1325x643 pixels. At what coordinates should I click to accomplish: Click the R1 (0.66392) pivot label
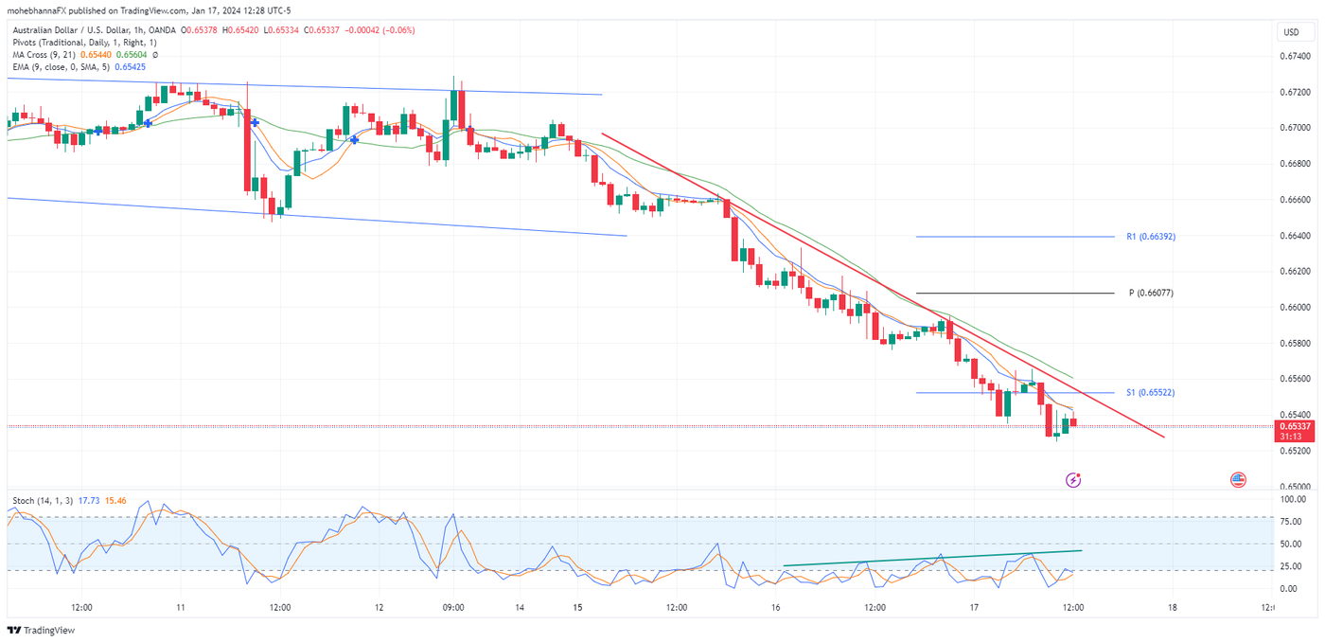pos(1150,237)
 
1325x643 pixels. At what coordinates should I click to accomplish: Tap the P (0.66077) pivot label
pos(1151,294)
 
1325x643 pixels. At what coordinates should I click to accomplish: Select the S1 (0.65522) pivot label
pos(1150,392)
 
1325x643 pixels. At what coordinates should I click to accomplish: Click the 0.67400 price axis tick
pos(1295,56)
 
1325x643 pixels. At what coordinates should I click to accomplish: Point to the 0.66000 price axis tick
pos(1295,308)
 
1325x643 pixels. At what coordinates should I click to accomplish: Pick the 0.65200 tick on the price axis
pos(1295,451)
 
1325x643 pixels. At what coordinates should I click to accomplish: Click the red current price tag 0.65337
pos(1295,427)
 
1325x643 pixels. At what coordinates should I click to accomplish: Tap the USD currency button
pos(1291,32)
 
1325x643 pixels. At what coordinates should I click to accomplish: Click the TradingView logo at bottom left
pos(42,631)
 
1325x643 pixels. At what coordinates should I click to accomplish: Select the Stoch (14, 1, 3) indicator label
pos(42,500)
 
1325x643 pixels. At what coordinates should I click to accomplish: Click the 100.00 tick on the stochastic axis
pos(1293,498)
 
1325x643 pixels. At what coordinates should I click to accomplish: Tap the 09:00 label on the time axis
pos(453,608)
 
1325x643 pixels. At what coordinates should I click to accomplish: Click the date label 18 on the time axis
pos(1173,608)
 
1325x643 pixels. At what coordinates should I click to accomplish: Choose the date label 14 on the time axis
pos(519,608)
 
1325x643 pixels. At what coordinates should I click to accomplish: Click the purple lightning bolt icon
pos(1073,480)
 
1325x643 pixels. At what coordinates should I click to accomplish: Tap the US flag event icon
pos(1238,480)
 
